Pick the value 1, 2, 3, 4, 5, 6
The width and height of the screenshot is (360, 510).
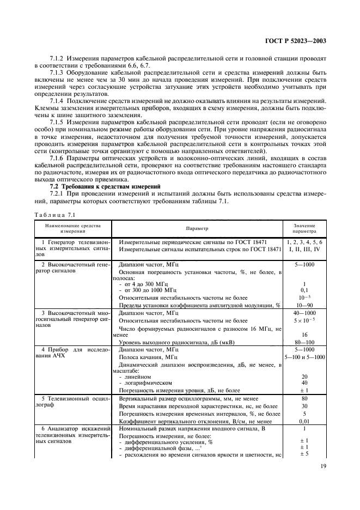[304, 241]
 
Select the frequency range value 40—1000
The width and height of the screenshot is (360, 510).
[304, 314]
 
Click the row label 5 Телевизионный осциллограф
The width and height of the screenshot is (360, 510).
[72, 402]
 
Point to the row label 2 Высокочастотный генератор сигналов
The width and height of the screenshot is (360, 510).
[72, 266]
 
